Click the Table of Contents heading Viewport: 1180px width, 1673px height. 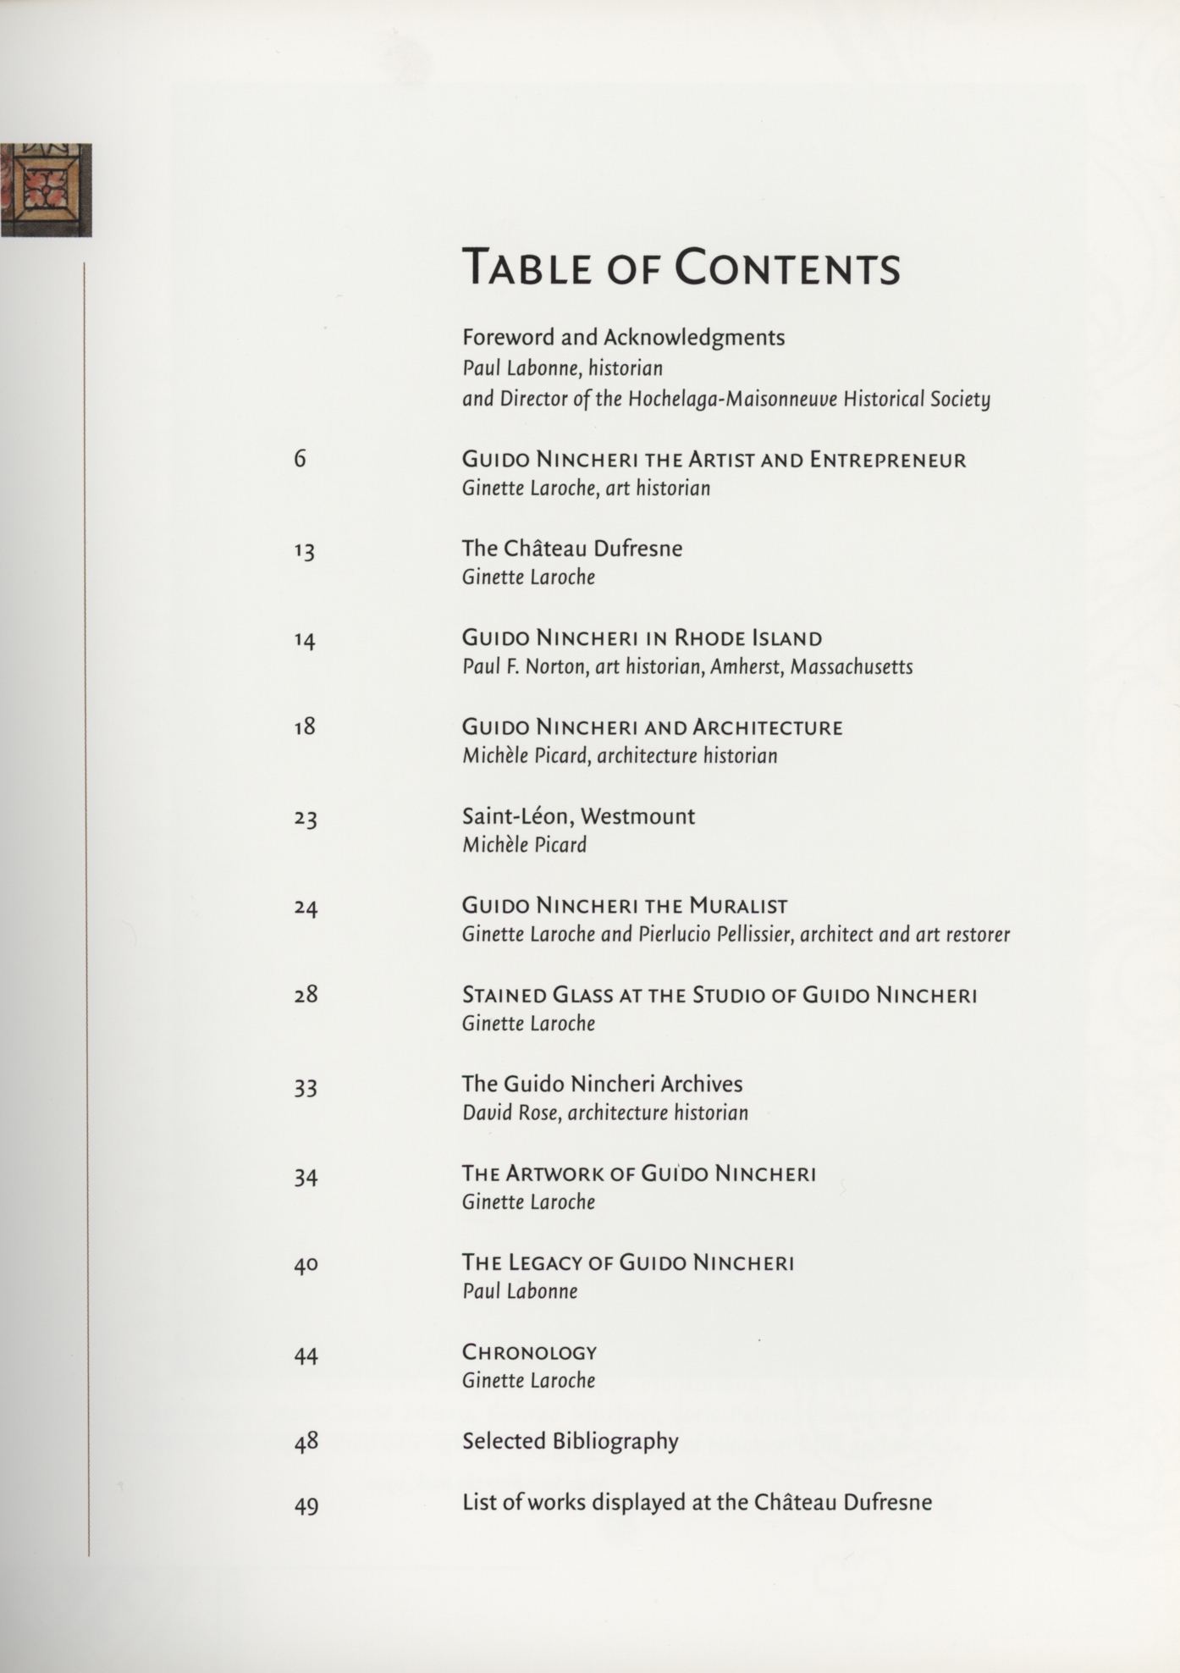point(681,267)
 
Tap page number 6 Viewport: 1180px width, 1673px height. point(300,459)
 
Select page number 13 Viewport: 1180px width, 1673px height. point(305,551)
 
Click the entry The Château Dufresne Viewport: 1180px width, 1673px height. point(571,549)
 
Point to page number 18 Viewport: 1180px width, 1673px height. point(305,726)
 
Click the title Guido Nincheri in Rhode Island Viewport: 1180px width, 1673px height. point(642,638)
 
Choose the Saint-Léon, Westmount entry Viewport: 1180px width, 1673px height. point(578,816)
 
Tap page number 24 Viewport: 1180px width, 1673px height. point(306,908)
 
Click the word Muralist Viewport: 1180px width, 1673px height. point(738,906)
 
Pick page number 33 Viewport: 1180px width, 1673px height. point(306,1087)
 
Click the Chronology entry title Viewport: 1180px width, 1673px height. point(529,1352)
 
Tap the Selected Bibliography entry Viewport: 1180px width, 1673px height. point(570,1441)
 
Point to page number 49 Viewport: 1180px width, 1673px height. point(306,1506)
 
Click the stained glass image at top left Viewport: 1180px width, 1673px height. point(46,190)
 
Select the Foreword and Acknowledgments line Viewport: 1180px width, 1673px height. point(623,338)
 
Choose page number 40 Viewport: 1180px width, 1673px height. point(306,1265)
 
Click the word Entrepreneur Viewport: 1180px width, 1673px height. point(887,460)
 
